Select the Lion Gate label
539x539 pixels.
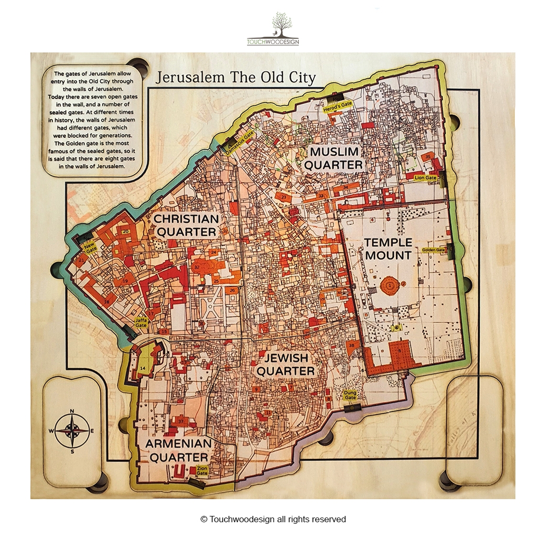pos(426,178)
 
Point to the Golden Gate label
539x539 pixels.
pos(434,250)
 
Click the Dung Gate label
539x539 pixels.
pos(350,395)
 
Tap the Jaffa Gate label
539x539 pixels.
pos(141,322)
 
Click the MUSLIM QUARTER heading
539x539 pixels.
pos(335,158)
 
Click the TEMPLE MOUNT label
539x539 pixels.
pos(388,249)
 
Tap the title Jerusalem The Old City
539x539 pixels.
pos(236,78)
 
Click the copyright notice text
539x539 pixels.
pos(273,519)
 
